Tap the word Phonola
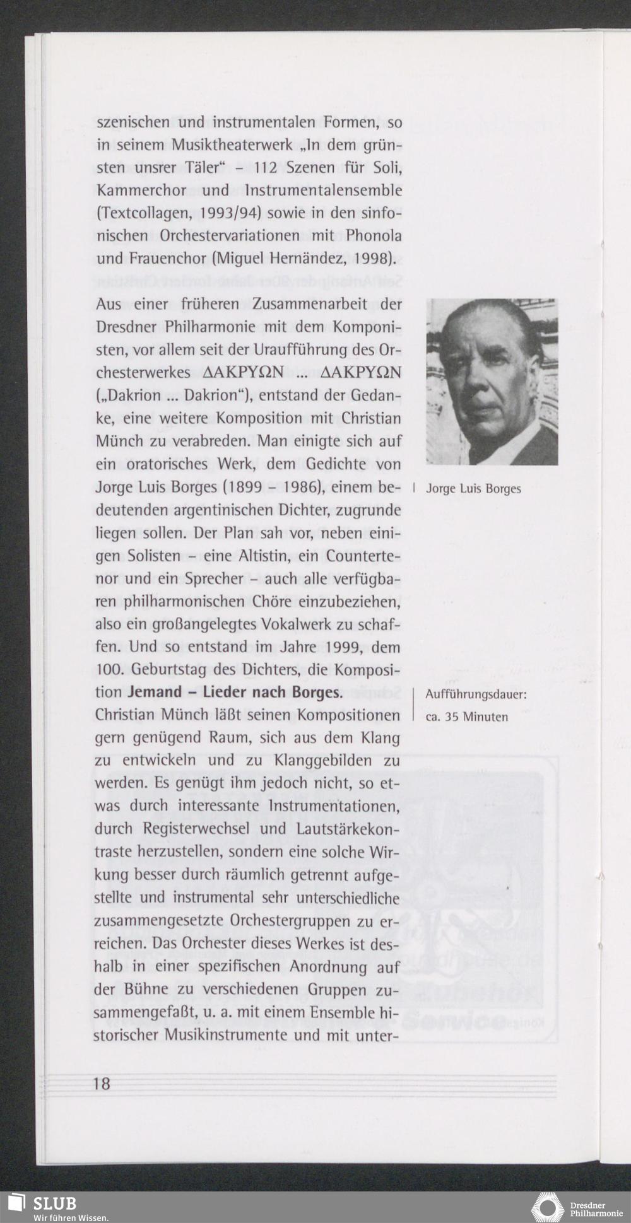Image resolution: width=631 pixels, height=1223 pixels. click(x=374, y=236)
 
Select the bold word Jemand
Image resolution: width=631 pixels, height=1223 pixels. click(x=155, y=693)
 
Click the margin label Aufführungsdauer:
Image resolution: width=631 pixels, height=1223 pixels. click(x=476, y=695)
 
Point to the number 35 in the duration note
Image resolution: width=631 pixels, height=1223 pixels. click(x=453, y=717)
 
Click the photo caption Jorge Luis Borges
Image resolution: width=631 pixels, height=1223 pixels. click(x=473, y=489)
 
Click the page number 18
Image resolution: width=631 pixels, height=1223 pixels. click(x=102, y=1084)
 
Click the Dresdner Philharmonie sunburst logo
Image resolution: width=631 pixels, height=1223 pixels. click(x=547, y=1207)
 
